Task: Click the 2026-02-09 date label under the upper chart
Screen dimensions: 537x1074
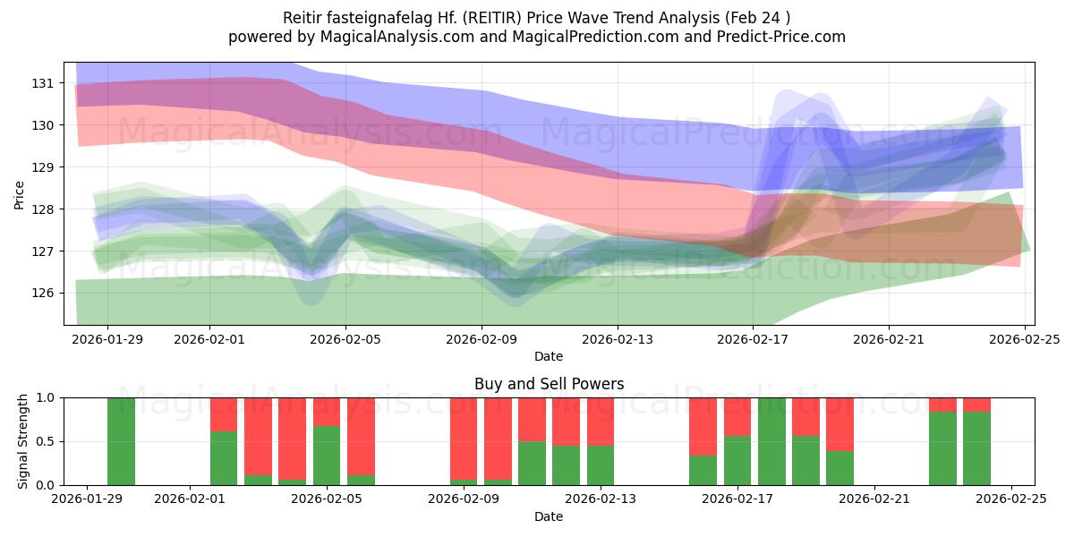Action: pyautogui.click(x=482, y=339)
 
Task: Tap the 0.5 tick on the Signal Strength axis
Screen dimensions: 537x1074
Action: pyautogui.click(x=47, y=441)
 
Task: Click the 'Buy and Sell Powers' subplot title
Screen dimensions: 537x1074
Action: pyautogui.click(x=549, y=384)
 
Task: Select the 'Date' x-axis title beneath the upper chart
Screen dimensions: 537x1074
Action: pyautogui.click(x=549, y=356)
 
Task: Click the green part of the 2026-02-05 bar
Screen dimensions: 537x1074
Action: pyautogui.click(x=327, y=456)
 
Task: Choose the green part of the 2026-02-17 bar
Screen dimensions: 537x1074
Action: pyautogui.click(x=737, y=461)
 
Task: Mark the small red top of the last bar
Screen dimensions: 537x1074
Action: pyautogui.click(x=976, y=405)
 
